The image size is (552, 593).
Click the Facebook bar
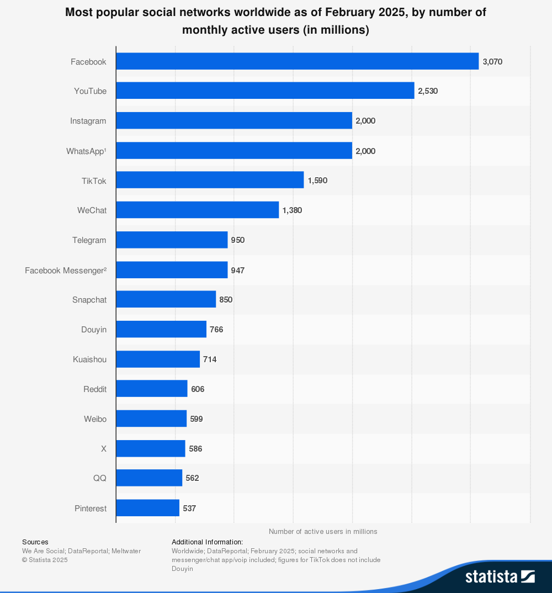(x=297, y=61)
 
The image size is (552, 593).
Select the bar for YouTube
(x=265, y=91)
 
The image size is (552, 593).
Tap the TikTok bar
(x=210, y=180)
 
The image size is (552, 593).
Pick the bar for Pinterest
(x=147, y=508)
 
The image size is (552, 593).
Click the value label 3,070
(x=492, y=62)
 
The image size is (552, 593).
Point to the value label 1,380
(x=292, y=210)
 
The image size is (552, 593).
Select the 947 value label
(x=238, y=270)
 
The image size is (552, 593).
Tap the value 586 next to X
(x=195, y=449)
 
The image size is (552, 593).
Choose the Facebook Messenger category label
(x=66, y=270)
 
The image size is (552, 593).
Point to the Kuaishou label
(x=89, y=359)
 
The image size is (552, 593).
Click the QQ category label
(x=99, y=478)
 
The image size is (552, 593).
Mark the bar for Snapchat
(x=166, y=299)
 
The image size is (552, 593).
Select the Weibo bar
(x=151, y=419)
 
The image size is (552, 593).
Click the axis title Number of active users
(x=323, y=531)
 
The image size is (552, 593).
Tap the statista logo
(x=500, y=576)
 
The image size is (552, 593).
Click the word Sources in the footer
(x=35, y=542)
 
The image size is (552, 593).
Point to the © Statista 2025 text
(x=45, y=560)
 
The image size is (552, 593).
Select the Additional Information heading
(x=207, y=542)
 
